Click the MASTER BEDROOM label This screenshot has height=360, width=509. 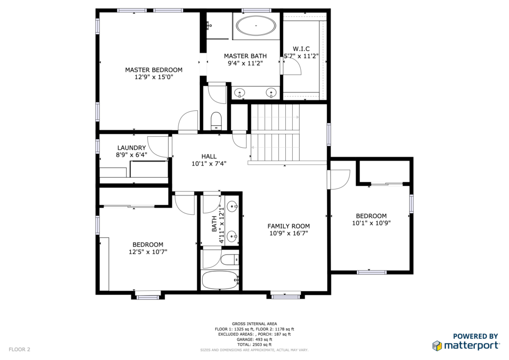point(154,70)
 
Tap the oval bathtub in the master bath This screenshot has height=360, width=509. point(256,26)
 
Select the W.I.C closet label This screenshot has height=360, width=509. point(301,49)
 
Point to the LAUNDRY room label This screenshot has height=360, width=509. point(131,148)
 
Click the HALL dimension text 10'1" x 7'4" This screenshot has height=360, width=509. point(209,164)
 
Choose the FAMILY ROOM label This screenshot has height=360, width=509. point(289,226)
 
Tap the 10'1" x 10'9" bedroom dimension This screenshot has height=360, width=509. point(371,223)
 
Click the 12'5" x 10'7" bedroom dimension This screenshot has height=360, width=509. point(148,252)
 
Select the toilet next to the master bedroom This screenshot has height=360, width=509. point(216,120)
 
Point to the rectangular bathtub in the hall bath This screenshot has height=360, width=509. point(220,280)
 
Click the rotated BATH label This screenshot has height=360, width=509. point(214,224)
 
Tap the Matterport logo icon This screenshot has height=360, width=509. point(437,346)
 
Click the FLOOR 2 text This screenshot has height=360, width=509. point(19,350)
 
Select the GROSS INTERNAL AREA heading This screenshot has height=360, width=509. point(254,324)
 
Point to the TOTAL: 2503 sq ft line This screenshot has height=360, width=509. point(254,345)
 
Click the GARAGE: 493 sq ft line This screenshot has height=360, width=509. point(254,339)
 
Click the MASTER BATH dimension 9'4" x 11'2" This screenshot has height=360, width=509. point(245,63)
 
